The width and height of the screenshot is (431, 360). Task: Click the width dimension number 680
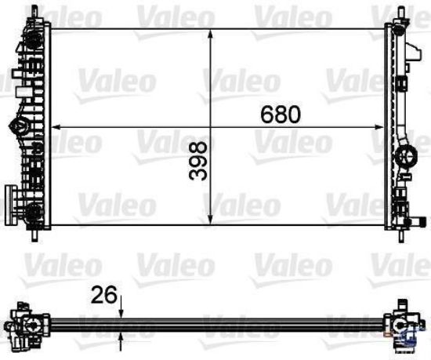point(280,115)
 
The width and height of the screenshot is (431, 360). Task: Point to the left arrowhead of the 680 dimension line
point(56,125)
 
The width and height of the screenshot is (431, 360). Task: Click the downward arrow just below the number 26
point(121,311)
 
